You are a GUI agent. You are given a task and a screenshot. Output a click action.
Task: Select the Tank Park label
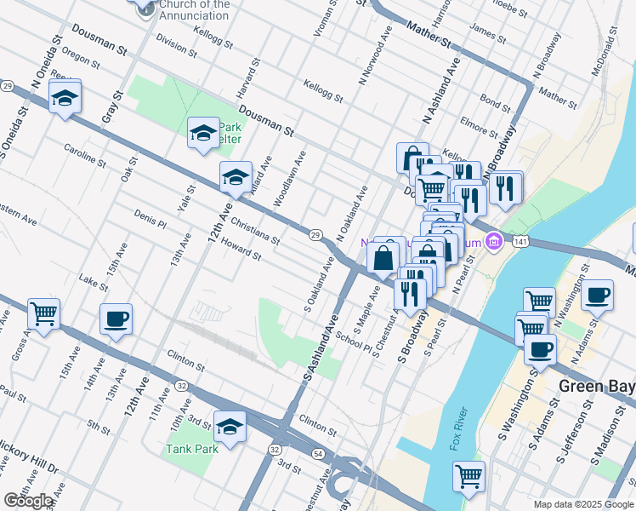coord(192,449)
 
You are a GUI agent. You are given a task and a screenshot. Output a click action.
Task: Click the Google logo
coord(30,501)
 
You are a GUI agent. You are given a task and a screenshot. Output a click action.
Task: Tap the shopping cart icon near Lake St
coord(43,313)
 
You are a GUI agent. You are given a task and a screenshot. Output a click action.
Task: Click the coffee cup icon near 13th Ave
coord(116,319)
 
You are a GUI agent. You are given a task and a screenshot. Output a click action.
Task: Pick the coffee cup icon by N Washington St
coord(598,295)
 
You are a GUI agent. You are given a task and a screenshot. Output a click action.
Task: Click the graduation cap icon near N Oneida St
coord(64,99)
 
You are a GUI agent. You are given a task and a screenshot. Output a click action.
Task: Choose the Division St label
coord(177,47)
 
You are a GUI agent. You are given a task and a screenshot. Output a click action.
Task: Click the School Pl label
coord(354,341)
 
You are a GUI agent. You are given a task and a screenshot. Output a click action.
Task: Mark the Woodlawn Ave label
coord(289,180)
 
